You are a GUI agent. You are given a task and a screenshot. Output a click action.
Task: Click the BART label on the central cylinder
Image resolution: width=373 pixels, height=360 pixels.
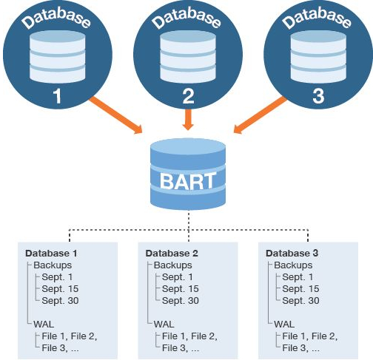188,181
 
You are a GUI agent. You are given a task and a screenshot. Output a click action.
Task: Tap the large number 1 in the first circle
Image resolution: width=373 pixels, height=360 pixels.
57,96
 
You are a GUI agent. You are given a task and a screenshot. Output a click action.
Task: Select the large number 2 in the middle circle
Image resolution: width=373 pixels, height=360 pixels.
189,96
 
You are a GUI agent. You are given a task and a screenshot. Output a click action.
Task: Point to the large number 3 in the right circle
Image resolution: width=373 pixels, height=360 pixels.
318,96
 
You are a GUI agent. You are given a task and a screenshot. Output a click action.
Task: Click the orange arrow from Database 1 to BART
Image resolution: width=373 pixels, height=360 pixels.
115,115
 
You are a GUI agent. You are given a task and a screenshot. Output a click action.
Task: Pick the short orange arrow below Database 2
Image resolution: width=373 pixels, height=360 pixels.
188,120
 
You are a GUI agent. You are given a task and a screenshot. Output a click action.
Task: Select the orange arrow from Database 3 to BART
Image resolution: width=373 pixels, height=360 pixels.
261,115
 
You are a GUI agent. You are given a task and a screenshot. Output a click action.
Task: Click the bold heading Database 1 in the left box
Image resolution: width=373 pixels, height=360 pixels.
51,254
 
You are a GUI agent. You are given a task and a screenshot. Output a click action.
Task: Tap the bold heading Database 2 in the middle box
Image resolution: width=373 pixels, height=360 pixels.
172,254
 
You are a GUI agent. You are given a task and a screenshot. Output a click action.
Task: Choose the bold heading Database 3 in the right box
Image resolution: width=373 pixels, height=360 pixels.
292,254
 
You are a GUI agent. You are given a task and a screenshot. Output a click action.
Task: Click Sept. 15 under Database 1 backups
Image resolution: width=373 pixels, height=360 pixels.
60,289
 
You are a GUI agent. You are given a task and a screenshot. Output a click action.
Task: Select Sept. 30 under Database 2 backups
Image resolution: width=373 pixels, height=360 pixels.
181,301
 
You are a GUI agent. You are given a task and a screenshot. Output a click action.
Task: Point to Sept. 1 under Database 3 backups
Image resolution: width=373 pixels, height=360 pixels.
298,277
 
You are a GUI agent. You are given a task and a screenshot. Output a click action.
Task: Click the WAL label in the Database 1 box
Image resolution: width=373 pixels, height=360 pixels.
44,324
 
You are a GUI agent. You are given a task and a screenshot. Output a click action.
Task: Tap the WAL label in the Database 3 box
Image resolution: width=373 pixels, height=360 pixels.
284,324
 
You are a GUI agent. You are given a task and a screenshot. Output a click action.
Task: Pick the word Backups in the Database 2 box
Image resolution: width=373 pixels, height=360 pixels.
172,265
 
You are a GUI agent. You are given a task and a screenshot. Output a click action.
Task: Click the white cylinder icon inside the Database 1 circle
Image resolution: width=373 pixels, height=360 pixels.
58,57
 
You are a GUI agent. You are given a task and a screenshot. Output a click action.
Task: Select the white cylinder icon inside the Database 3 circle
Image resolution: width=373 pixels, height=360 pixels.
318,57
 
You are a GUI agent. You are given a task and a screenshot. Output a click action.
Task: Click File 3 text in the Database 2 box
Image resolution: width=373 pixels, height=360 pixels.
172,348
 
